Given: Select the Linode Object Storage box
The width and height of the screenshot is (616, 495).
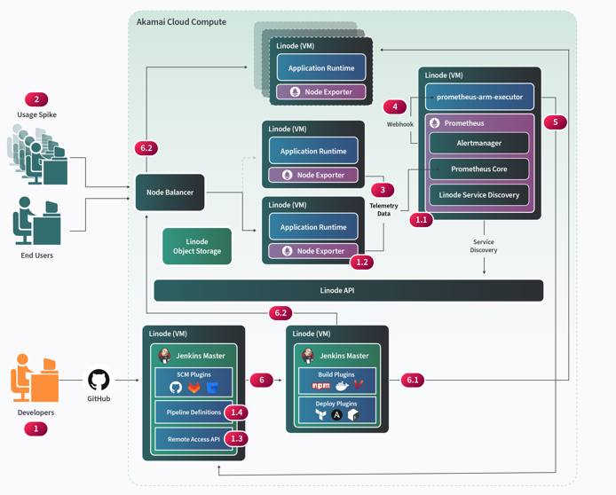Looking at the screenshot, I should click(196, 247).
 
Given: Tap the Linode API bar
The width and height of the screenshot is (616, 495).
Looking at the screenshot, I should click(348, 290).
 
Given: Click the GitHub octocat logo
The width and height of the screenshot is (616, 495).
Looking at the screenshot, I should click(99, 381).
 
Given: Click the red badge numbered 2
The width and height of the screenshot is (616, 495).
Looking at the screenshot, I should click(36, 99).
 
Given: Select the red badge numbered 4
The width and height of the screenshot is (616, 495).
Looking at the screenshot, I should click(395, 107).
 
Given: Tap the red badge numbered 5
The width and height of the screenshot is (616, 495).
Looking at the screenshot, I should click(555, 122).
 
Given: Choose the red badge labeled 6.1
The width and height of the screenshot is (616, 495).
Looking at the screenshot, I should click(413, 380).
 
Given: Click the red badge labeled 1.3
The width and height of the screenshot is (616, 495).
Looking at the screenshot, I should click(236, 438).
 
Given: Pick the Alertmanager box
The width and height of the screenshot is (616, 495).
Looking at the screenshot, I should click(479, 143).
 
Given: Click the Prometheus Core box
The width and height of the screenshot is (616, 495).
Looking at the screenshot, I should click(479, 169).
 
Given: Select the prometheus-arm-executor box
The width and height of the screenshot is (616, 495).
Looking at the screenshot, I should click(479, 96).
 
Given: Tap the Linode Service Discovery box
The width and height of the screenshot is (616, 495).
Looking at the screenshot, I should click(479, 194).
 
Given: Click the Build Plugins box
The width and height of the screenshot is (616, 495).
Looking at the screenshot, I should click(336, 380).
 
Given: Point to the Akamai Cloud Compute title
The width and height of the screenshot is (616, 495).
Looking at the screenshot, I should click(181, 21).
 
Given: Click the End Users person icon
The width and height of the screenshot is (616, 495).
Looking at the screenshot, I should click(35, 222).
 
